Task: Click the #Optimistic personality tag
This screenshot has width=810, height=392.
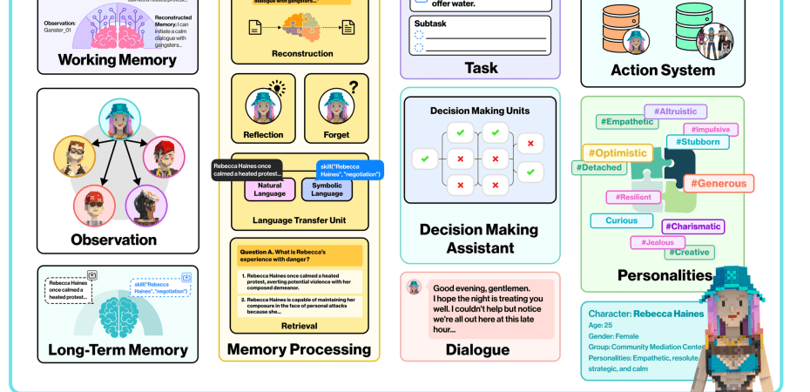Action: point(617,152)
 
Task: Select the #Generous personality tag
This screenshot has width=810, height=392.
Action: point(719,183)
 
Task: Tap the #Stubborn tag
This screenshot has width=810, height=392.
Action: point(698,142)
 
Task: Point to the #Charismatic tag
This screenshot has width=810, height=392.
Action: point(692,226)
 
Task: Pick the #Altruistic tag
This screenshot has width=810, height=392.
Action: point(675,112)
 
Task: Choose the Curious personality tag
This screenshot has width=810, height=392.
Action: point(622,220)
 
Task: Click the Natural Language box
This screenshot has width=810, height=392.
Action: point(270,189)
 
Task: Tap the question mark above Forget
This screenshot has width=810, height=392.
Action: point(353,87)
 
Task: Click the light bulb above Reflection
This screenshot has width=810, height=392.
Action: point(277,87)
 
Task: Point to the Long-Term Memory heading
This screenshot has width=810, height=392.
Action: point(118,350)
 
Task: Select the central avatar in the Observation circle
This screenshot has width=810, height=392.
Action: point(118,118)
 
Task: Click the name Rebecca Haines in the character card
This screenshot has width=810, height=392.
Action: point(668,314)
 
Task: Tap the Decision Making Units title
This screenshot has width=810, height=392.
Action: point(480,111)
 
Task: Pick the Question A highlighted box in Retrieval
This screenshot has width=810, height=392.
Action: point(300,255)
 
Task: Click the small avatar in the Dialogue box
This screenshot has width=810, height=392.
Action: point(415,287)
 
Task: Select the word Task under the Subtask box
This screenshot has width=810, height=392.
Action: point(481,67)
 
